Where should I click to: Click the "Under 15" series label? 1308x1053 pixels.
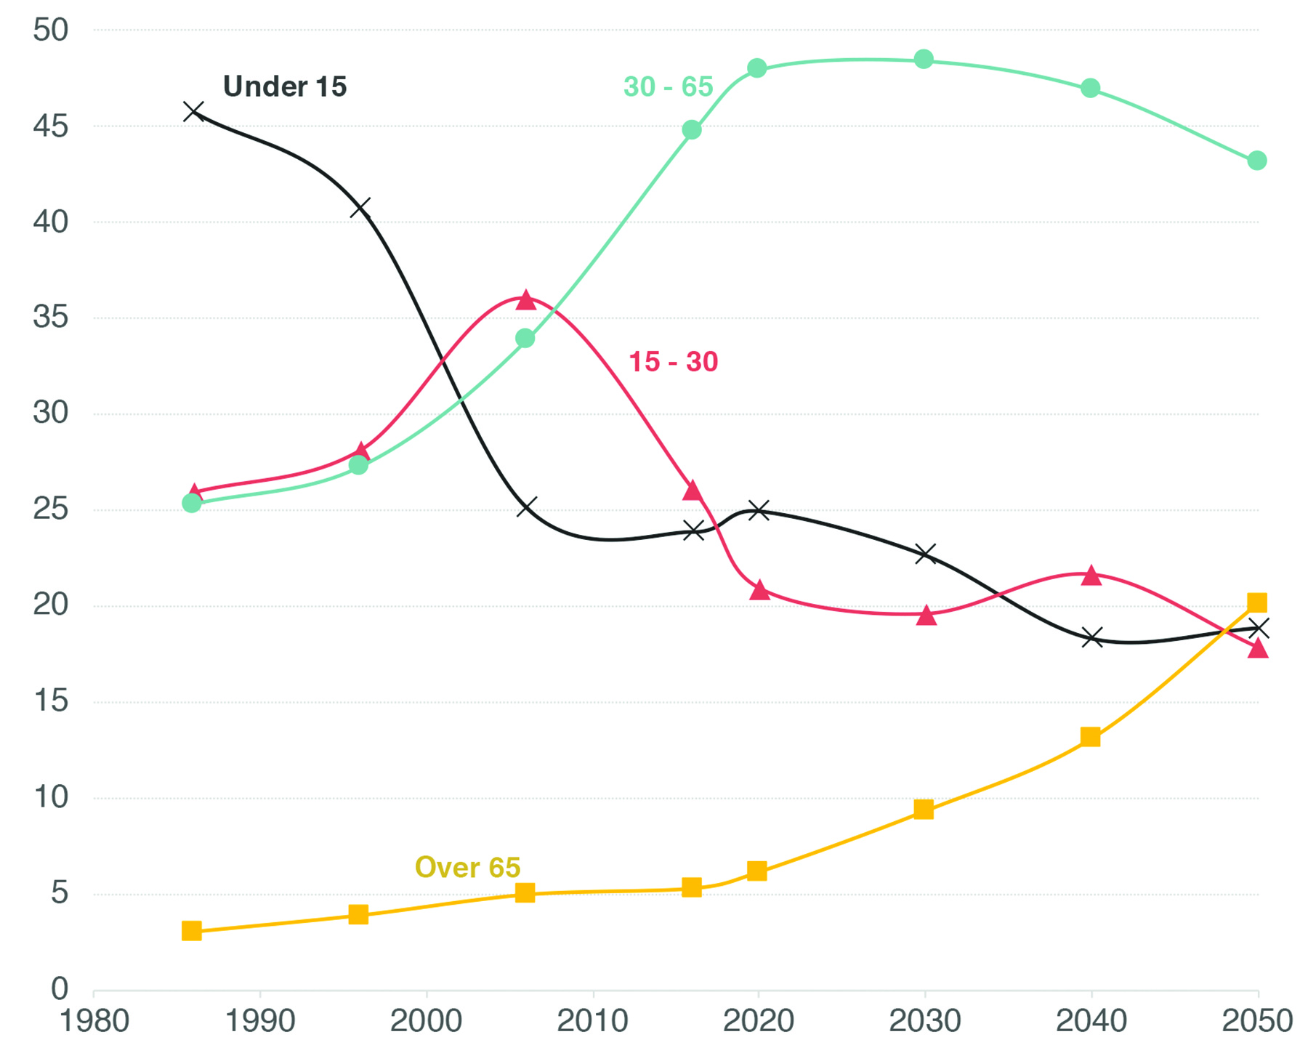[x=285, y=86]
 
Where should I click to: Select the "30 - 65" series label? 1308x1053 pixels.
[x=669, y=86]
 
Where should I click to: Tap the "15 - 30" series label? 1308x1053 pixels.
[x=673, y=361]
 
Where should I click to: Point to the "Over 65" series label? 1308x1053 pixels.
[x=467, y=867]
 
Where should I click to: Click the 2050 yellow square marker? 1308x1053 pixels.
[x=1257, y=602]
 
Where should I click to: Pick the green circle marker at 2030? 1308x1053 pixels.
[x=924, y=59]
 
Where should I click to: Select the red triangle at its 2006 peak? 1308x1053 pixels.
[x=525, y=299]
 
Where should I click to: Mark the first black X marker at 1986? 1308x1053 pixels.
[x=193, y=111]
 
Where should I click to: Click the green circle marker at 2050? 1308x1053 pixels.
[x=1257, y=161]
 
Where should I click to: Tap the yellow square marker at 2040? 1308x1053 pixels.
[x=1090, y=738]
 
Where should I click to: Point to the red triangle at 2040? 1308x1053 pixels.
[x=1091, y=575]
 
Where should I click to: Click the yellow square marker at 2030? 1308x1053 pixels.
[x=924, y=810]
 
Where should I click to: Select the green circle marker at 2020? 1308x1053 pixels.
[x=757, y=68]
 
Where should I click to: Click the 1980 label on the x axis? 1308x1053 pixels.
[x=94, y=1022]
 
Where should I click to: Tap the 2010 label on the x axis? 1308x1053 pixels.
[x=593, y=1022]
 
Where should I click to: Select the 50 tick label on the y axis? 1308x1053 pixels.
[x=51, y=30]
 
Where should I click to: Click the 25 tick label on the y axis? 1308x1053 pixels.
[x=51, y=509]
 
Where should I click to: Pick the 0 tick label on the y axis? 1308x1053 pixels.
[x=60, y=989]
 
